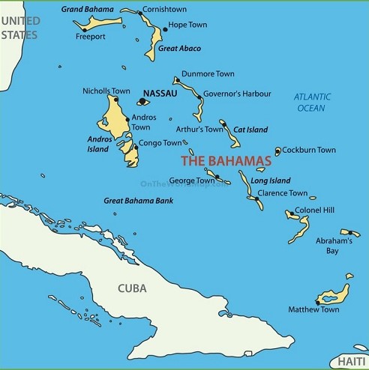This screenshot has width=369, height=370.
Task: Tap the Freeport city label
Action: pos(91,36)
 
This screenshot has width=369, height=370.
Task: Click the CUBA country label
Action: pos(132,288)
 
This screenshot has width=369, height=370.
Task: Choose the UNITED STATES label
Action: pos(19,28)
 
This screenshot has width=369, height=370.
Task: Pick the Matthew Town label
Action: pos(313,309)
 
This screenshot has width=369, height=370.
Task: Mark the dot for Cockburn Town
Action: pos(277,152)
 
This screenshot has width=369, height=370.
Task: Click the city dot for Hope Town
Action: pos(165,29)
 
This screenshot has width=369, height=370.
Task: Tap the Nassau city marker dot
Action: pos(141,101)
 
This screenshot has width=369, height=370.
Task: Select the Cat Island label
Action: pos(250,130)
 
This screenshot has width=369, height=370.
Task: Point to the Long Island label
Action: pos(269,181)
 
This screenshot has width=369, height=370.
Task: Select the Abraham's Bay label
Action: pos(333,246)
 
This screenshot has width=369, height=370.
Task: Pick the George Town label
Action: pos(192,181)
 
